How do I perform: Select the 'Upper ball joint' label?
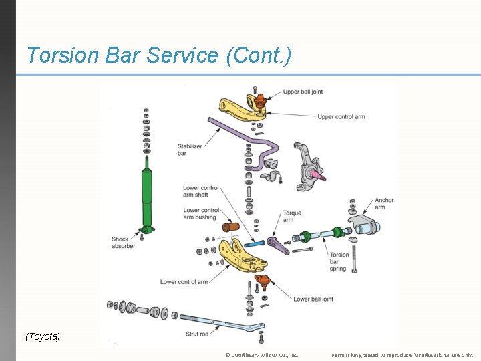point(302,92)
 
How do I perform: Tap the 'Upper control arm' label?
point(341,117)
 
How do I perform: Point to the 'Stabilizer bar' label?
point(190,150)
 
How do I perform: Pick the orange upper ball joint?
point(259,101)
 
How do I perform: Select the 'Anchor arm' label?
point(384,203)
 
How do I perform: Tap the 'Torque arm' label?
point(292,216)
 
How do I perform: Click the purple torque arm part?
point(278,245)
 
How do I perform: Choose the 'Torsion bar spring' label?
point(339,261)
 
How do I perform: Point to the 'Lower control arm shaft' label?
point(200,191)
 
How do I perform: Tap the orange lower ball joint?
point(263,281)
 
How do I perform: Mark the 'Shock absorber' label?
point(124,242)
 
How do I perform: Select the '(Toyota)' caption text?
point(43,336)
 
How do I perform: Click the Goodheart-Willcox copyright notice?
point(262,355)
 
